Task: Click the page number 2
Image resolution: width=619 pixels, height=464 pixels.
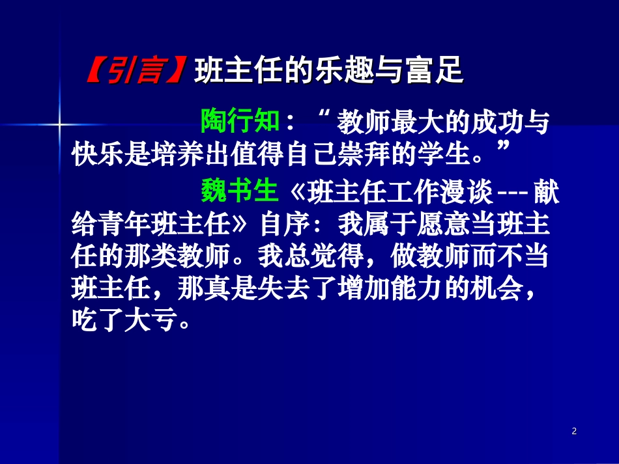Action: pyautogui.click(x=573, y=431)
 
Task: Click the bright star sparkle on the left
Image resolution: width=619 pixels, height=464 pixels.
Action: pyautogui.click(x=59, y=122)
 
